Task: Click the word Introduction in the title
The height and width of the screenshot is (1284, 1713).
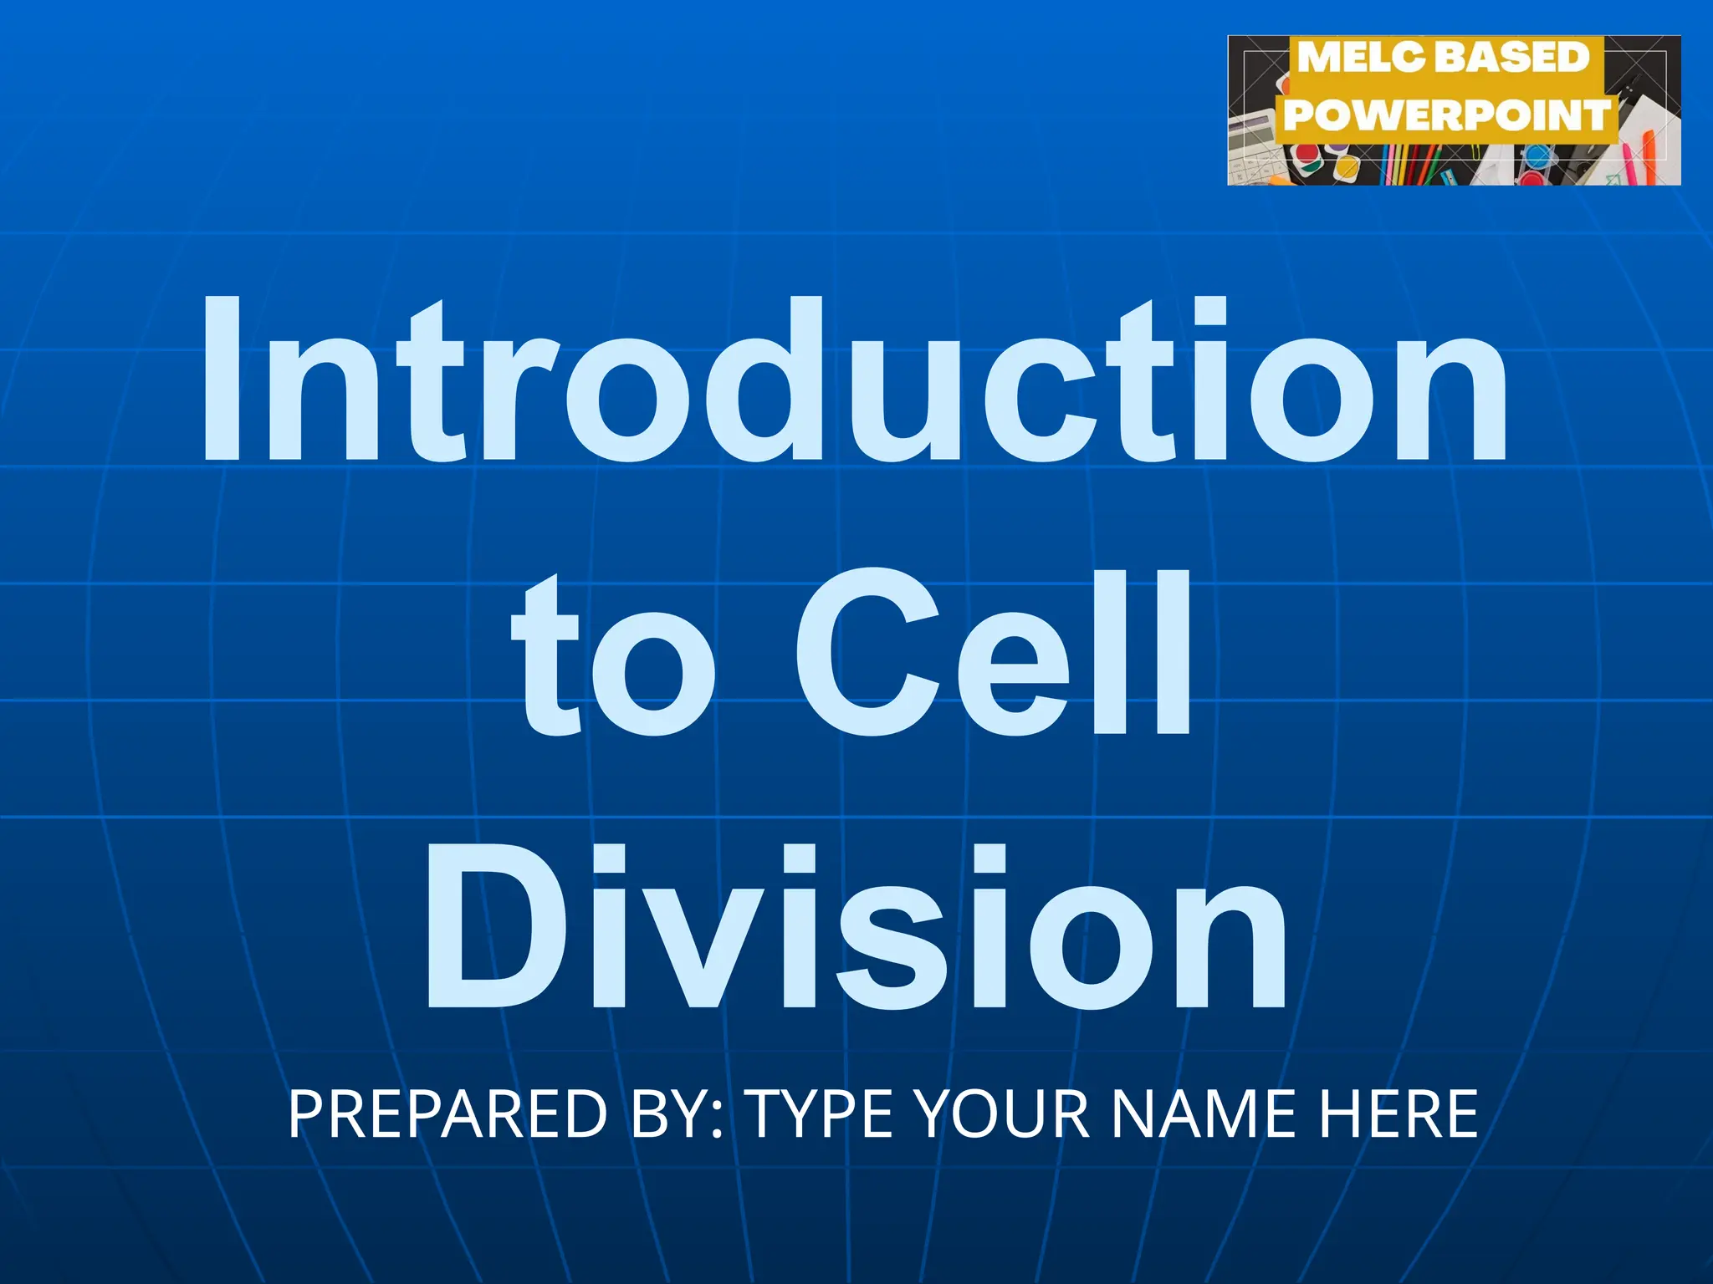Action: pyautogui.click(x=853, y=380)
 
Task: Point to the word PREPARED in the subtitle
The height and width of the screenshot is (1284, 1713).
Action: pyautogui.click(x=447, y=1113)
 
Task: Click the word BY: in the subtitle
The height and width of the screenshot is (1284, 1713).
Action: pyautogui.click(x=678, y=1113)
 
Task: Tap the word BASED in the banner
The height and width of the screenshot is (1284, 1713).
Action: pyautogui.click(x=1511, y=58)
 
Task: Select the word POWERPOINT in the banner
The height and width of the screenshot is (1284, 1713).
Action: pyautogui.click(x=1447, y=115)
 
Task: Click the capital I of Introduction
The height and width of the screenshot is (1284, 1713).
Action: pyautogui.click(x=221, y=380)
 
